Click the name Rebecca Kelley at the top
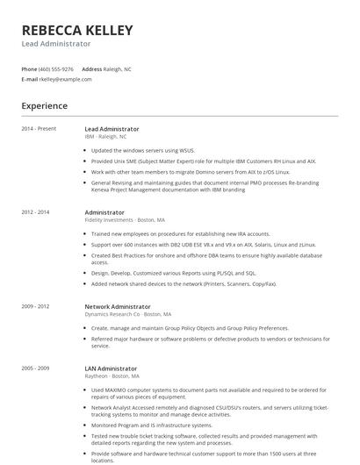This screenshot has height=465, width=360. (77, 31)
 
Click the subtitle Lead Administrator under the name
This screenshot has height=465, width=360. (56, 44)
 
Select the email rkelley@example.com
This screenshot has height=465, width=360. (65, 79)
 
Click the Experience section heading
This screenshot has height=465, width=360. (45, 106)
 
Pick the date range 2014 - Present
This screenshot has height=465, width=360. (39, 129)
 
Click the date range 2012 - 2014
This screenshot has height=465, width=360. (36, 212)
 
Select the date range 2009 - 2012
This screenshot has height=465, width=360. (36, 306)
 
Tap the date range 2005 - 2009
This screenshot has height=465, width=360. (36, 368)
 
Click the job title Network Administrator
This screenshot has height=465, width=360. (118, 306)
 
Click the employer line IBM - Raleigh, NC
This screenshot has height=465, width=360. (105, 137)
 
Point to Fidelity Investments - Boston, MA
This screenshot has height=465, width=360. (125, 220)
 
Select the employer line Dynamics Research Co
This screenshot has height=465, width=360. (127, 314)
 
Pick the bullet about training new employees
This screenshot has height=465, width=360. (180, 234)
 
